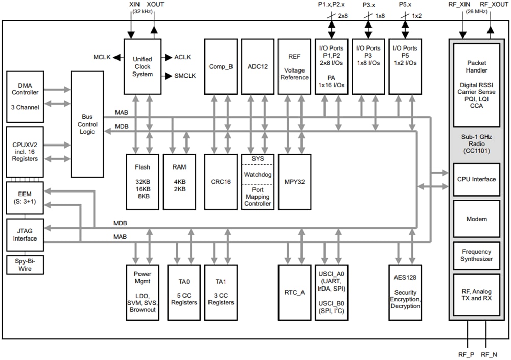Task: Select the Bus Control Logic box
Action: click(87, 124)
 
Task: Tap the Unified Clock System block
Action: click(143, 66)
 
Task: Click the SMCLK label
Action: click(185, 76)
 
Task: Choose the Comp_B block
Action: click(221, 66)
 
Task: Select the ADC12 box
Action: click(258, 66)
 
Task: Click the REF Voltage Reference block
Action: click(294, 66)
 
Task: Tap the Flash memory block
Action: click(143, 181)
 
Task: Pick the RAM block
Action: click(179, 181)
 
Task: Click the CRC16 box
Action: click(221, 181)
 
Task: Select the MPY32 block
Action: click(294, 181)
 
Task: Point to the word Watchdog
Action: click(258, 174)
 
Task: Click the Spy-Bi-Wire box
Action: click(25, 264)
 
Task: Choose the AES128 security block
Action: click(405, 293)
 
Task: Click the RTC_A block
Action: click(294, 293)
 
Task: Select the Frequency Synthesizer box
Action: click(476, 255)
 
